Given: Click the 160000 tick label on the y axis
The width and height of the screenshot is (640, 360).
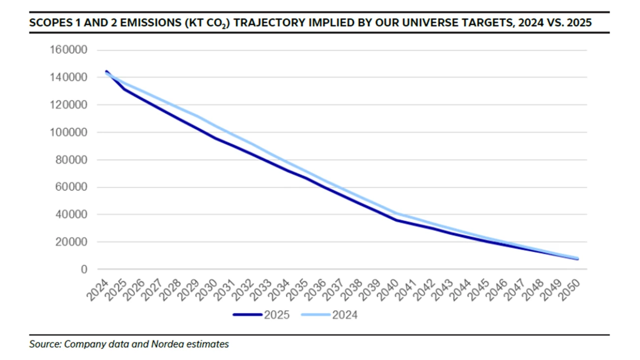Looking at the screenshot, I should click(68, 50).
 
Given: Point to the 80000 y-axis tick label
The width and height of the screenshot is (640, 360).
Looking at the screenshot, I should click(70, 160).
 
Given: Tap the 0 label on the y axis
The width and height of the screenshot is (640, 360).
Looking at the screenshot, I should click(84, 269).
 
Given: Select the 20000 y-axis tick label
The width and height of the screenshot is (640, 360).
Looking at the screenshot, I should click(70, 242).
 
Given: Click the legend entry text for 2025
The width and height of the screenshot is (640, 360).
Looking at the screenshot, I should click(277, 315).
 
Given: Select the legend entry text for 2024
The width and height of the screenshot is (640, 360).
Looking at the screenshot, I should click(345, 315).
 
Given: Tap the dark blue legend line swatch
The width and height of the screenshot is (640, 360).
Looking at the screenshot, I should click(248, 315).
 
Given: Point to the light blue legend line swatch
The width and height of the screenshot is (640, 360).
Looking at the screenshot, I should click(316, 315).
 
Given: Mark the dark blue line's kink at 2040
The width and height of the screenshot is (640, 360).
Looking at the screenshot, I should click(396, 220).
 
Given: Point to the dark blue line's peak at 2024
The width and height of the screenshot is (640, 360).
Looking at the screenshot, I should click(106, 71).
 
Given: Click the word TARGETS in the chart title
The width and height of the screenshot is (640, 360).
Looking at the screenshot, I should click(481, 23).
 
